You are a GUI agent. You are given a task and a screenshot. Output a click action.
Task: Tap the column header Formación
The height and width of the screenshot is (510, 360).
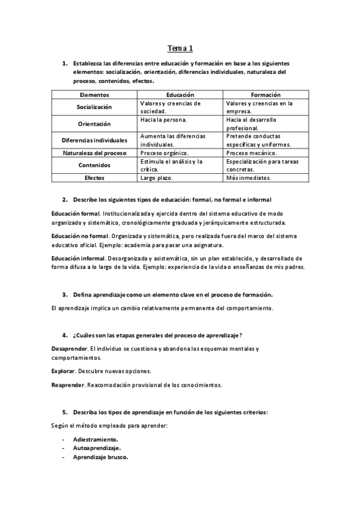click(x=266, y=95)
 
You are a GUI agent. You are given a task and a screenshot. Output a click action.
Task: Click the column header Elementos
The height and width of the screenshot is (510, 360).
click(x=94, y=95)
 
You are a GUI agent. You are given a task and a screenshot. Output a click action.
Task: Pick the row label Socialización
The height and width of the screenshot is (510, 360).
click(x=94, y=107)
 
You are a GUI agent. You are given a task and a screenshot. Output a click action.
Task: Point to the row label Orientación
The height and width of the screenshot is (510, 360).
click(x=94, y=124)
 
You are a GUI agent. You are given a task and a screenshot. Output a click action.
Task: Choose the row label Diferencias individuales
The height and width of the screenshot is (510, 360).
click(x=94, y=140)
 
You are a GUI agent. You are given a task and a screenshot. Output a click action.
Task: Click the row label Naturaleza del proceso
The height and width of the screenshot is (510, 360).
click(x=94, y=153)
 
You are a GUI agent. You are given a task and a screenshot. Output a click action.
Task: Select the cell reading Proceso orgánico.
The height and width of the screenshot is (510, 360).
click(x=164, y=153)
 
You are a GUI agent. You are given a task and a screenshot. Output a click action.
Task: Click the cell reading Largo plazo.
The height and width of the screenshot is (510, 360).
click(x=156, y=178)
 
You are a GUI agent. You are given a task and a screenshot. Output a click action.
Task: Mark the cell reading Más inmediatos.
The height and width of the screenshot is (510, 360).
click(x=248, y=178)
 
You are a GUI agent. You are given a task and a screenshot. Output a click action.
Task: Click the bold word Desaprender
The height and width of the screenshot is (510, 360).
click(x=70, y=349)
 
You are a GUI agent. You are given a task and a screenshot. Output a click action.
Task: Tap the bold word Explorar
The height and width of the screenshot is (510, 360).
click(x=63, y=370)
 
